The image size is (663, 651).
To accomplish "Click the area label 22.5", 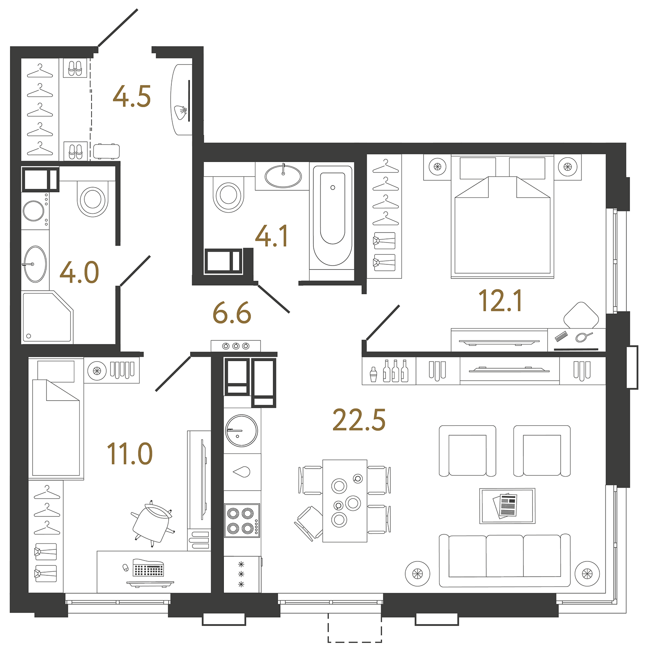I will point(359,420).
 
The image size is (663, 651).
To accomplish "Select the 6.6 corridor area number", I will point(232,313).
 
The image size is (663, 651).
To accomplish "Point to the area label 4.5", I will point(132,97).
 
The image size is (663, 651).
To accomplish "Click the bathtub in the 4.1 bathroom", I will point(332,215).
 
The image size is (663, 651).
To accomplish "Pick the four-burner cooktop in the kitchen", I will point(241,521).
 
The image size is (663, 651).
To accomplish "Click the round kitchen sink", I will point(241,430).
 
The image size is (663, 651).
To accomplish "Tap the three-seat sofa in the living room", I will point(504,560).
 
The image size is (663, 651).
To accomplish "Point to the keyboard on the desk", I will point(148,569).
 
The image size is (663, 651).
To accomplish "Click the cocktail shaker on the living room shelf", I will point(373,375).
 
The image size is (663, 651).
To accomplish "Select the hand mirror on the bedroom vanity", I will point(583,337).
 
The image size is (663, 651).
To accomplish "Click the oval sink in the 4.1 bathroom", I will point(283,176).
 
